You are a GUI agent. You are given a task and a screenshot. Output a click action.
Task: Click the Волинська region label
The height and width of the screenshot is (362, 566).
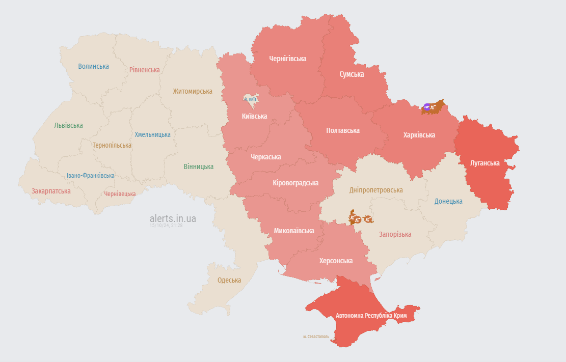point(93,66)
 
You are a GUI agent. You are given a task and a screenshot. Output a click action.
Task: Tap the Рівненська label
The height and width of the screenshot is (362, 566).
point(144,70)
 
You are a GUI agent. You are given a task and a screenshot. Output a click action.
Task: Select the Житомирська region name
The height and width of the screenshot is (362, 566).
point(192,91)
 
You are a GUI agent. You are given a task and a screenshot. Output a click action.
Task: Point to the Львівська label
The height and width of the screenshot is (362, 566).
point(68,125)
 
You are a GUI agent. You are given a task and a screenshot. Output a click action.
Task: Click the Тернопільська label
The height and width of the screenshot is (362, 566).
point(112,145)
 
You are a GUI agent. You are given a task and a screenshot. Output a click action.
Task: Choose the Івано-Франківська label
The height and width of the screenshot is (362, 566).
point(91,176)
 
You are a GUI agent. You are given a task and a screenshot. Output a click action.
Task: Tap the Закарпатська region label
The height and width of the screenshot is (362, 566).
point(51,191)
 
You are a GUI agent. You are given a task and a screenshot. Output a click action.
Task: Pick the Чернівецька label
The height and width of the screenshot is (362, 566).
point(120,194)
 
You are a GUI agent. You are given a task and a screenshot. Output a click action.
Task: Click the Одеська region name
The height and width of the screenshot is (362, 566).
point(229,280)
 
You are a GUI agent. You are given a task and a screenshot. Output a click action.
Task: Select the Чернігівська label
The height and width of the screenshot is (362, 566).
point(288,59)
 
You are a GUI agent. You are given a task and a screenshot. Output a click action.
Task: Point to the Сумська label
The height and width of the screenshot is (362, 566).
point(352,74)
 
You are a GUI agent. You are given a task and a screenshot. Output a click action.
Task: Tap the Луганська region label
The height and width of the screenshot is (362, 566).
point(485,163)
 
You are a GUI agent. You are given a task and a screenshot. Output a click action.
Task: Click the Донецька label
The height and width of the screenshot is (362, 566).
point(448,201)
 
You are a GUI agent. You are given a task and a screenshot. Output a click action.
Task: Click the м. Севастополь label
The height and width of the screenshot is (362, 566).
point(316,337)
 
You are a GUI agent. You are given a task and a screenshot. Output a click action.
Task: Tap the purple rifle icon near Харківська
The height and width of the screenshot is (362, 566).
point(427,107)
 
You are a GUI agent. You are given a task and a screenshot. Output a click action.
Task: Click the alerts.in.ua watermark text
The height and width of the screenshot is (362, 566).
point(173,218)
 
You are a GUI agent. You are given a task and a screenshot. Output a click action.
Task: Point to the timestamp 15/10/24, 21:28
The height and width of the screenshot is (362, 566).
point(166,225)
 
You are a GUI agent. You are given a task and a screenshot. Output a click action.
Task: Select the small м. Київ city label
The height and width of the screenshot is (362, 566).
point(250,99)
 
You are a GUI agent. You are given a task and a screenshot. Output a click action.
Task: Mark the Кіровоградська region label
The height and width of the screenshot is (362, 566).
point(295,183)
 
